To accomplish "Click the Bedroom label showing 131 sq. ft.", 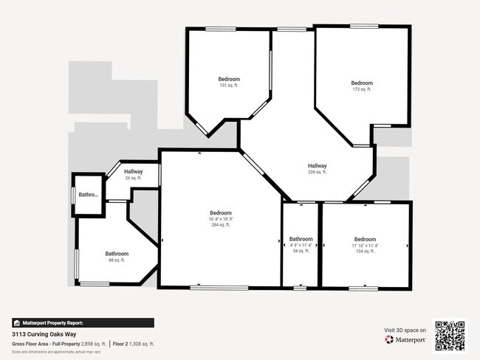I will [229, 79].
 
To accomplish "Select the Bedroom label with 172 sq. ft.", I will [362, 83].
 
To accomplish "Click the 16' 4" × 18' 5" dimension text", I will [220, 219].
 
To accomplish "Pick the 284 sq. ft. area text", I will [220, 225].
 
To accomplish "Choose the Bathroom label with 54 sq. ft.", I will [301, 239].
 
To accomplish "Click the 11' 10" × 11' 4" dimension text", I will [365, 246].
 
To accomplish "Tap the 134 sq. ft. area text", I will [365, 252].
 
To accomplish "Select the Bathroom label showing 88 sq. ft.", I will [117, 253].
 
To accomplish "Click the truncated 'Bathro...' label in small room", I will [89, 195].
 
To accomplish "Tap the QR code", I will [450, 336].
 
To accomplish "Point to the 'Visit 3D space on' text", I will [405, 330].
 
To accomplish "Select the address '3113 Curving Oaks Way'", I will [45, 334].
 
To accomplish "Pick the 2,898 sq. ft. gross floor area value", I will [94, 344].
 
